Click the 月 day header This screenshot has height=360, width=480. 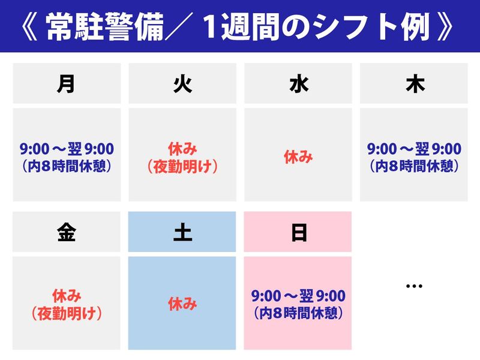tap(67, 83)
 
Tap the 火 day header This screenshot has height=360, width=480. tap(182, 83)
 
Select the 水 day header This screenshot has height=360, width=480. tap(298, 83)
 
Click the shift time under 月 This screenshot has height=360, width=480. tap(67, 157)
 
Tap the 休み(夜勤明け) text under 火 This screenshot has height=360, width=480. tap(182, 158)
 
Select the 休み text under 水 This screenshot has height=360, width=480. tap(298, 157)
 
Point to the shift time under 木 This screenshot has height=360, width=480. tap(414, 157)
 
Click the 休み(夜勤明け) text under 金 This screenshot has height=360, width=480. tap(67, 305)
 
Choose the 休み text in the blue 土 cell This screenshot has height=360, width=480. tap(182, 304)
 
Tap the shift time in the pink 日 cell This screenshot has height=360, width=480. tap(298, 304)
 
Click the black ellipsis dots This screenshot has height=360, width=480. tap(414, 286)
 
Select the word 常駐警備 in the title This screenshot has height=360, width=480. tap(105, 27)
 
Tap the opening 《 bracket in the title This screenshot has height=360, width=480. tap(29, 27)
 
